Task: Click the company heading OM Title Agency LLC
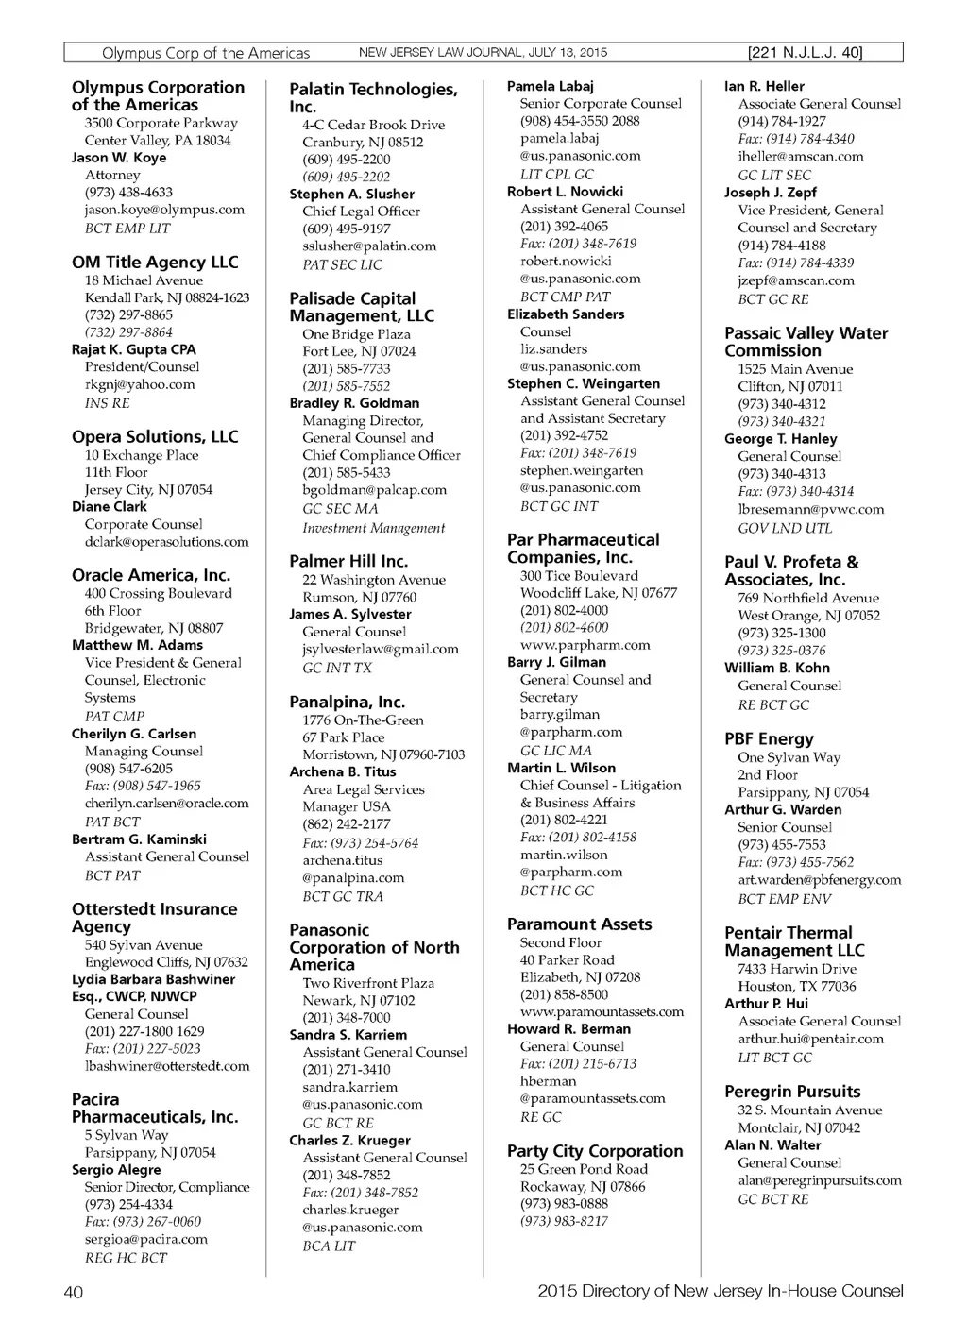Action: pyautogui.click(x=155, y=263)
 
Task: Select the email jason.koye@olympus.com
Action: pyautogui.click(x=164, y=210)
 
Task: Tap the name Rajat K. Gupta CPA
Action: pyautogui.click(x=134, y=349)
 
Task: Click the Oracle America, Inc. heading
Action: pyautogui.click(x=151, y=575)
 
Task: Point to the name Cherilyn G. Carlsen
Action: pyautogui.click(x=134, y=734)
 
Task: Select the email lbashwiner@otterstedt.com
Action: pyautogui.click(x=167, y=1066)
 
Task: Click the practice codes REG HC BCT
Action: pyautogui.click(x=126, y=1258)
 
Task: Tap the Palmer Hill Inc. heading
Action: pyautogui.click(x=348, y=562)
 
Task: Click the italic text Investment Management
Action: pyautogui.click(x=373, y=528)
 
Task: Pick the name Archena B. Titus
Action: pyautogui.click(x=342, y=772)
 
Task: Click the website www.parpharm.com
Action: pyautogui.click(x=585, y=645)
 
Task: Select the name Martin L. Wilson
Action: pyautogui.click(x=561, y=769)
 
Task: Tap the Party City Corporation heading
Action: pyautogui.click(x=595, y=1151)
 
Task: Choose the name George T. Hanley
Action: pyautogui.click(x=780, y=439)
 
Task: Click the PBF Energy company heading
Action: pyautogui.click(x=769, y=739)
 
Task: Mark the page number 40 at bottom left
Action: pyautogui.click(x=74, y=1292)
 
